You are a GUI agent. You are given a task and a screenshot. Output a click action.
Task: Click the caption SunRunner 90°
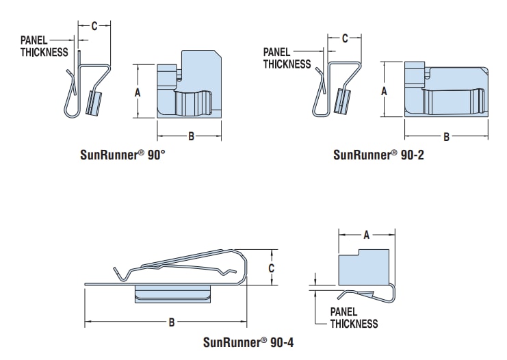click(122, 155)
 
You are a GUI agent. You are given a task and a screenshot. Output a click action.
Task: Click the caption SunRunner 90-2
click(379, 155)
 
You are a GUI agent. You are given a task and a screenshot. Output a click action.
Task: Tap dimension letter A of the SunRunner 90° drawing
click(138, 92)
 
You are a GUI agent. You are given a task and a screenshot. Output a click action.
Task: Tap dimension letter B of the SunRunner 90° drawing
click(192, 136)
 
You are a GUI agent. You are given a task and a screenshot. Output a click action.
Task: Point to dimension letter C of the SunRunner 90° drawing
click(94, 26)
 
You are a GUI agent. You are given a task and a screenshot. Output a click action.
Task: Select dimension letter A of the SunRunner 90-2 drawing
click(384, 90)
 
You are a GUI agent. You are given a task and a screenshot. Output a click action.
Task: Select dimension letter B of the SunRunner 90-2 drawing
click(446, 137)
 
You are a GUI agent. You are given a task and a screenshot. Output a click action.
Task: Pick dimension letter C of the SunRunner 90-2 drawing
click(345, 38)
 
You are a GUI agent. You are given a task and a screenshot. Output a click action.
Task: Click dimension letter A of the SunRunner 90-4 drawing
click(366, 235)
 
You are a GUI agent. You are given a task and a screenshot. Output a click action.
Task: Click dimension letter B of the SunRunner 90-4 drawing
click(172, 322)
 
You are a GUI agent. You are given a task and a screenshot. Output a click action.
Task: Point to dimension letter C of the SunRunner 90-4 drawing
click(271, 268)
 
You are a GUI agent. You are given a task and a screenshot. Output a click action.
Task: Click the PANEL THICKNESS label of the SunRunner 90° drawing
click(44, 46)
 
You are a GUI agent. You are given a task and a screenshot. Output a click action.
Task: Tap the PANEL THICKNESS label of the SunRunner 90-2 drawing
click(287, 58)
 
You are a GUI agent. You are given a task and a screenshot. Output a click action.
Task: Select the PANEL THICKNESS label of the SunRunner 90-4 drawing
click(354, 318)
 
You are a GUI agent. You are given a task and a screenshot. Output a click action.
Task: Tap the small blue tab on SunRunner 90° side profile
click(94, 103)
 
